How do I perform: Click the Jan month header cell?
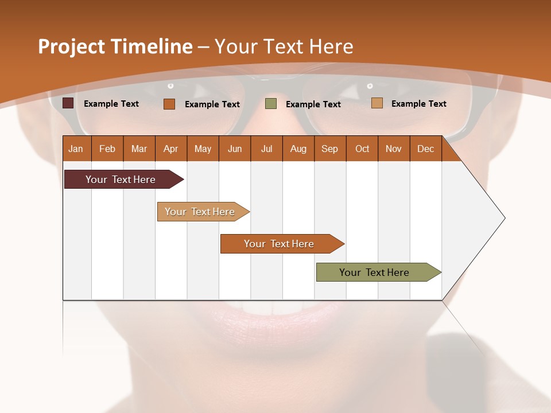click(76, 149)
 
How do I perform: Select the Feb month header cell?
click(107, 149)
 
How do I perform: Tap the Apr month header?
click(171, 149)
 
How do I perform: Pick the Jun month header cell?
click(235, 149)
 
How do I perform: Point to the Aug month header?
click(298, 149)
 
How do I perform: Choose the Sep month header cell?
click(330, 149)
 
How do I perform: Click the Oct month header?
click(362, 149)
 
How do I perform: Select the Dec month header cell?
click(426, 149)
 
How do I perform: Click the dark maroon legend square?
click(68, 103)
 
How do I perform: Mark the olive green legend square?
click(271, 103)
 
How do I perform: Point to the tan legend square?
click(377, 103)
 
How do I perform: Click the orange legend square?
click(169, 104)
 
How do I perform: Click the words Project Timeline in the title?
click(115, 46)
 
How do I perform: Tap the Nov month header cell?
click(394, 149)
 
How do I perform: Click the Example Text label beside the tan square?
click(418, 103)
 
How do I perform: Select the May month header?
click(203, 149)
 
